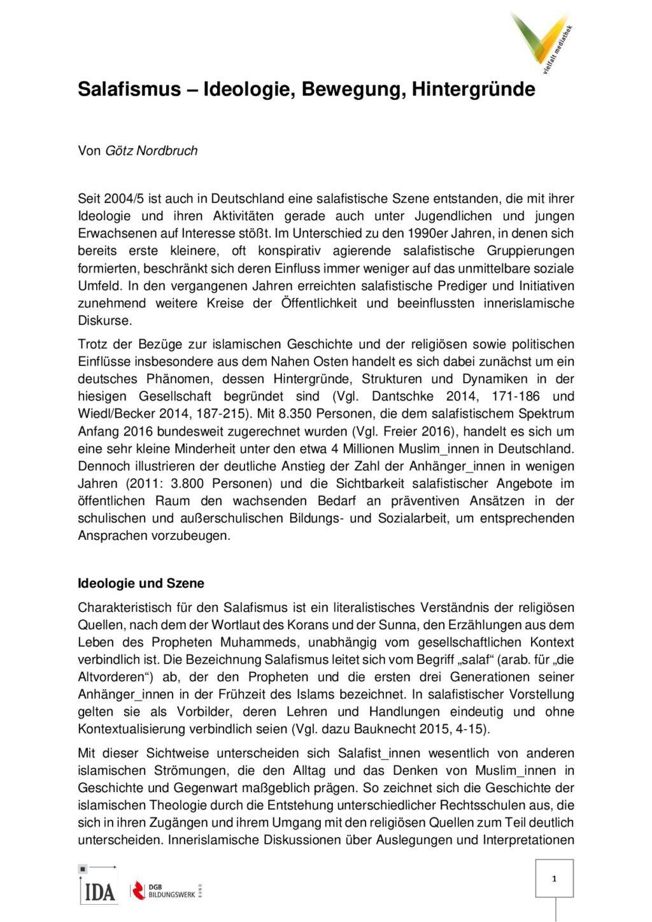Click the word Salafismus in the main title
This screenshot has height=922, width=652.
129,90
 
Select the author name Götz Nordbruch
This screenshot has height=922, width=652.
151,151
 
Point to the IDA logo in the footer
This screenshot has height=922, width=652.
99,886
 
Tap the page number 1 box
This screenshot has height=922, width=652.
554,879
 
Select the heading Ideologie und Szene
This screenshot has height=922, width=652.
141,583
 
